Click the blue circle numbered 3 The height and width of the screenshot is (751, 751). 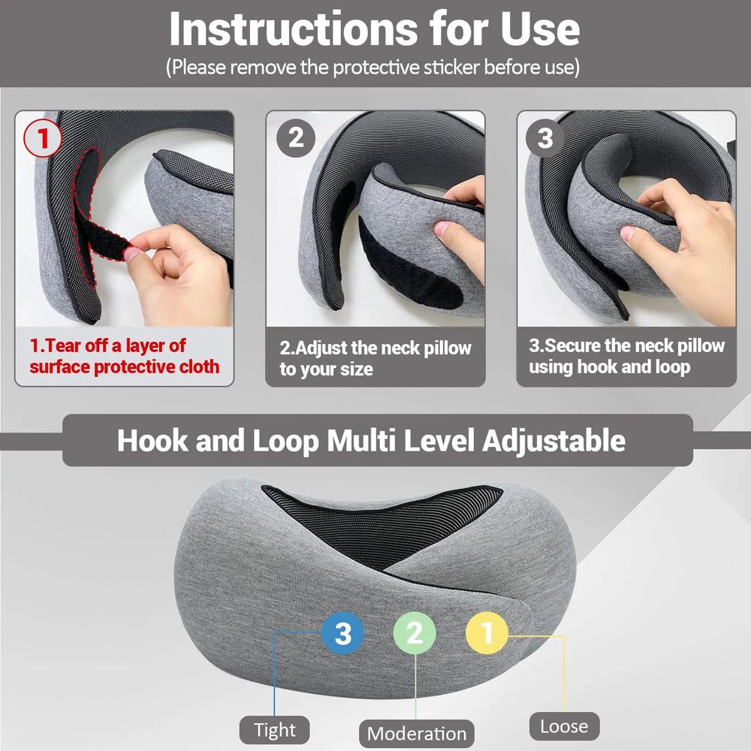342,634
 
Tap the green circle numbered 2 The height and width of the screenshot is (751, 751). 415,634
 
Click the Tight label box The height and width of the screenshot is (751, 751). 275,729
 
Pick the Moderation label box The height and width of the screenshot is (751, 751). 416,733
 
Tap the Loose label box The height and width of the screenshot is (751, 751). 564,726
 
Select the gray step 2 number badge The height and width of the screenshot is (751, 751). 296,138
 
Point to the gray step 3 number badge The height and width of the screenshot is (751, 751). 545,138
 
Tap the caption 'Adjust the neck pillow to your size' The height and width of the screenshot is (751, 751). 375,358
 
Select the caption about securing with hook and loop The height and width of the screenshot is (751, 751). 626,356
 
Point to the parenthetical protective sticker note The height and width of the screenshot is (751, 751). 373,67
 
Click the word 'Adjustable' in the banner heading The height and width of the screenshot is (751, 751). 553,440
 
